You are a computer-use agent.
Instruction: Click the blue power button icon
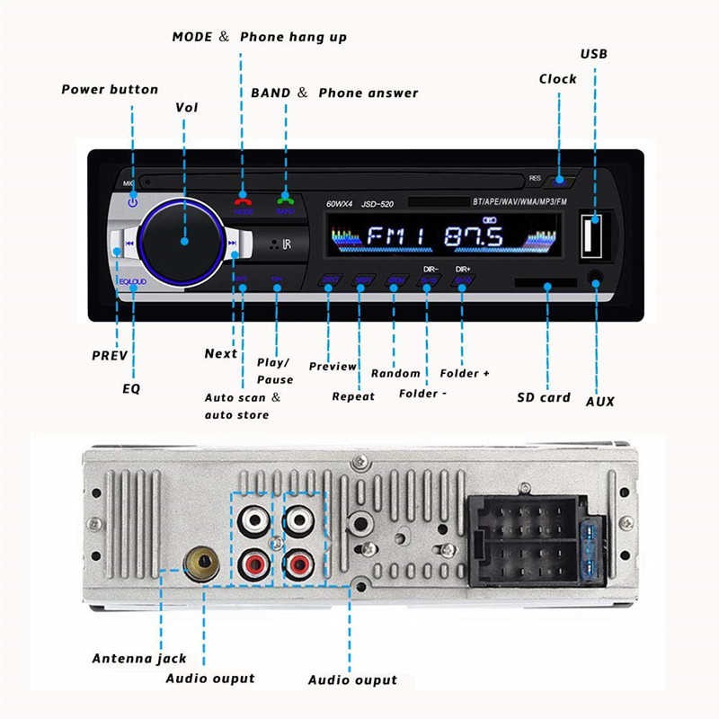click(x=133, y=202)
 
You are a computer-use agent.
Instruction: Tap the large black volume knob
click(x=182, y=240)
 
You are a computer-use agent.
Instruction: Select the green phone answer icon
click(x=285, y=200)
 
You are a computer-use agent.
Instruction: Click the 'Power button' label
click(x=110, y=89)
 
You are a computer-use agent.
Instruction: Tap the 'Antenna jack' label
click(x=139, y=658)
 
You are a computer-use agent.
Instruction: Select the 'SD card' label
click(x=543, y=396)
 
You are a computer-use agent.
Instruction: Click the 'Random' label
click(x=395, y=372)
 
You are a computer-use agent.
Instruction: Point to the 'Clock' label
click(x=557, y=78)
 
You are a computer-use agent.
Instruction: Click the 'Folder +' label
click(x=465, y=372)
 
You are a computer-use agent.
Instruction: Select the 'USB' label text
click(x=594, y=54)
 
